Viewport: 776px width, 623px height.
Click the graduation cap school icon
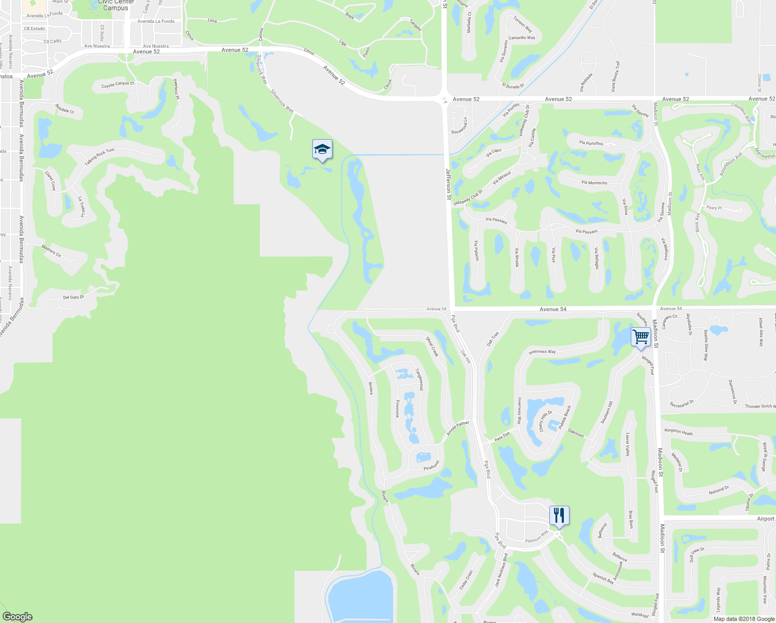[x=322, y=150]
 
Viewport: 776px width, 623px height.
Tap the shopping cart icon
[x=641, y=336]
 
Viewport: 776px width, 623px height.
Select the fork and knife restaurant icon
[x=559, y=516]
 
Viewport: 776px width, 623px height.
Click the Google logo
[x=17, y=616]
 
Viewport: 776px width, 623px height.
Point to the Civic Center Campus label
[x=116, y=5]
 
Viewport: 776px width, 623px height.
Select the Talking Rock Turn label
[x=99, y=157]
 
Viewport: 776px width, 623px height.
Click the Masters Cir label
[x=51, y=252]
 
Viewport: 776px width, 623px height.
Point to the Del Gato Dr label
[x=73, y=297]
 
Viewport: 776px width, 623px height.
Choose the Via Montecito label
[x=594, y=183]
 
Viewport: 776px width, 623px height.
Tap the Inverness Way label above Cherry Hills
[x=542, y=352]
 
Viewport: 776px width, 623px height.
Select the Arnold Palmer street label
[x=458, y=429]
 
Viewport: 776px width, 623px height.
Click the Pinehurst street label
[x=432, y=466]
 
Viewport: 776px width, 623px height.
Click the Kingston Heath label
[x=678, y=431]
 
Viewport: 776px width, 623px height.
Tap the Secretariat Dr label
[x=682, y=403]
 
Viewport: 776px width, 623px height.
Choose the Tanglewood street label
[x=419, y=380]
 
